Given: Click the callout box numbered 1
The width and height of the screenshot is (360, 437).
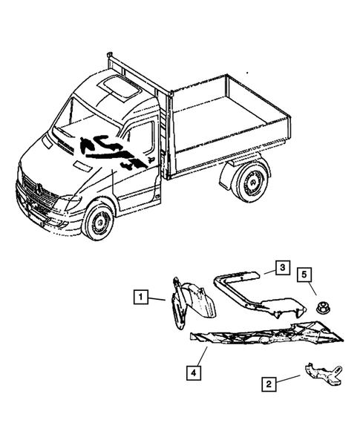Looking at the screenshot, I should (140, 298).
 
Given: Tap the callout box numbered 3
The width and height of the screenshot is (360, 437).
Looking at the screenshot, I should (281, 267).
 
